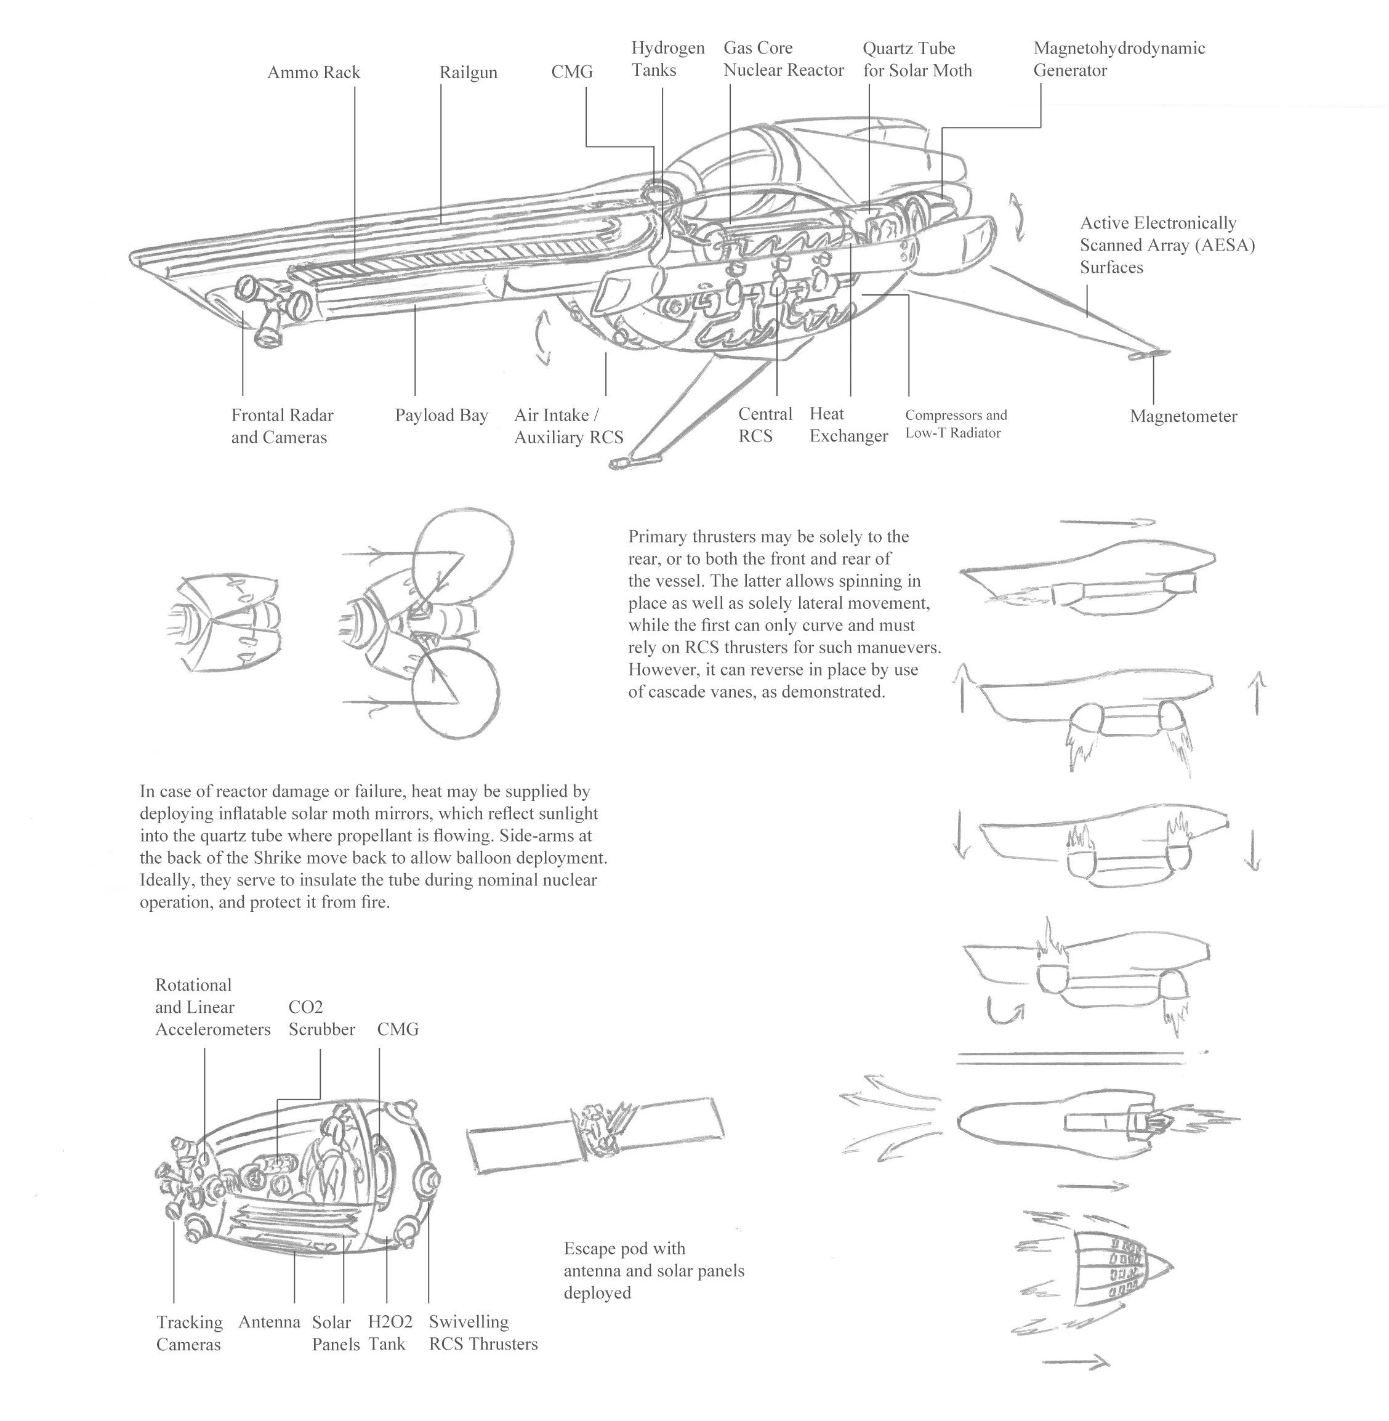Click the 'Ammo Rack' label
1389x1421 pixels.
313,73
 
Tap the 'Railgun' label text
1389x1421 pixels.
468,73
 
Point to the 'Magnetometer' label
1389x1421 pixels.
1183,417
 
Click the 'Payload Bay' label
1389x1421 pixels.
441,416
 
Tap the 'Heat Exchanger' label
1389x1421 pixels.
848,425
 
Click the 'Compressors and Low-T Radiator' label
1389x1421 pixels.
955,424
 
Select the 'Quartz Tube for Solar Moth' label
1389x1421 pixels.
916,59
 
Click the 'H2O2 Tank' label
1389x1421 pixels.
390,1333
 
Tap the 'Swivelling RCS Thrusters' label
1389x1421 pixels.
482,1333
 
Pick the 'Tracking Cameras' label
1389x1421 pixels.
189,1334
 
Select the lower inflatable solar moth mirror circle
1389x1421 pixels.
455,694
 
